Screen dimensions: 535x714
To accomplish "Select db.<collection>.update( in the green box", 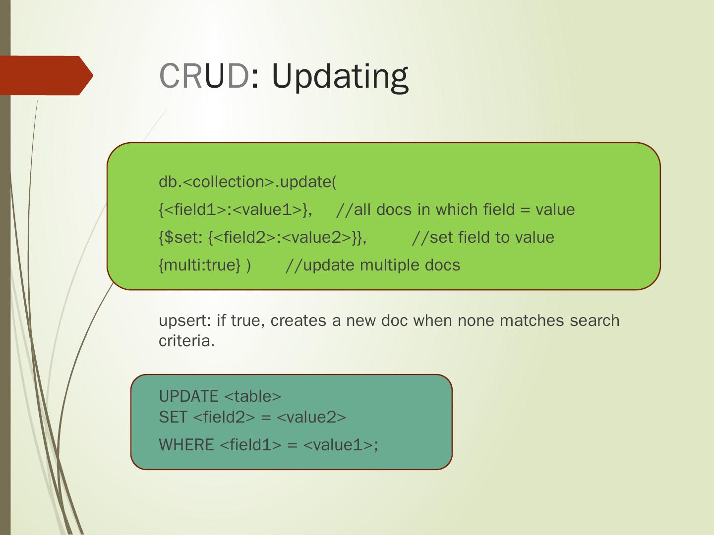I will point(247,182).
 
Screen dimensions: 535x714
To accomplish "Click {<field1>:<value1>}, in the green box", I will point(236,210).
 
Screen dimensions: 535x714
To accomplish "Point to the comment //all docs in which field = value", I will point(455,210).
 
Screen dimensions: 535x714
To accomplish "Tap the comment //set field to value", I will point(483,238).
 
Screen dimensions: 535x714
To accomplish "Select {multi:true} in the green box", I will point(200,266).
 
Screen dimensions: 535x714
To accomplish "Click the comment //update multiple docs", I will point(373,266).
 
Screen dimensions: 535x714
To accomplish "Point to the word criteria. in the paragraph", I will point(187,341).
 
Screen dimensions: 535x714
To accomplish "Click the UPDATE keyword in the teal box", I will point(188,396).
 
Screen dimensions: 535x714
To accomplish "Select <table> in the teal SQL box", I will point(253,396).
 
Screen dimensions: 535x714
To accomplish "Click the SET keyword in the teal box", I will point(173,418).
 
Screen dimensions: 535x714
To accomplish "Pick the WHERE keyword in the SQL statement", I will point(186,445).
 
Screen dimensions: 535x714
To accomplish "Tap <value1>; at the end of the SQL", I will point(340,445).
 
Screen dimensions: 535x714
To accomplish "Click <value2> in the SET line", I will point(311,418).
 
